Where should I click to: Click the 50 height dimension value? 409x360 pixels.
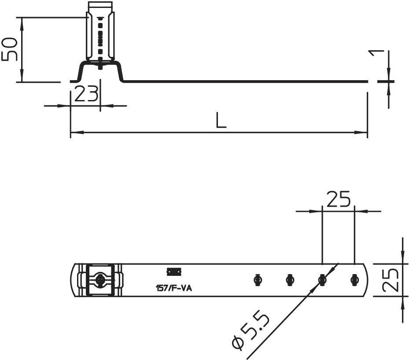pos(10,49)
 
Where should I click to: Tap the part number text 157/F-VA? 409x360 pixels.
pos(174,289)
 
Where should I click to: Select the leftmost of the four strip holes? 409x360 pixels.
pos(258,280)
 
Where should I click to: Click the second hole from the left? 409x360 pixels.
pos(290,280)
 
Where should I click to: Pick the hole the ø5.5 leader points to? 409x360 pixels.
pos(322,280)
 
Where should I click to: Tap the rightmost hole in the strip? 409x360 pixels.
pos(354,280)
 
